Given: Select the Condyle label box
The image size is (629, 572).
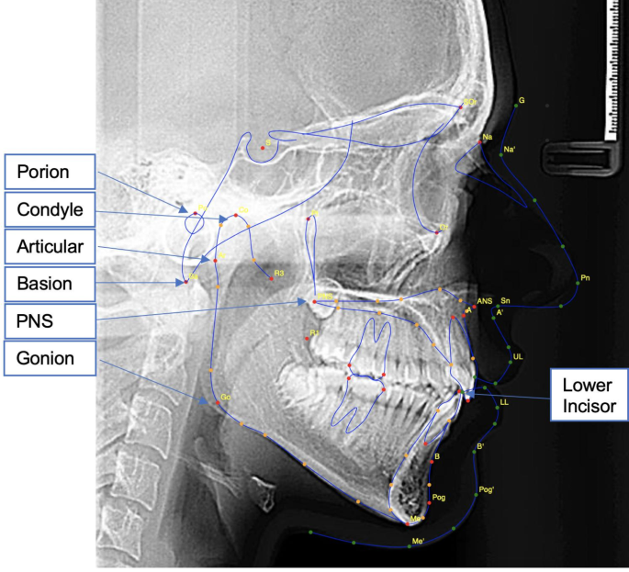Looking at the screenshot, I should [55, 209].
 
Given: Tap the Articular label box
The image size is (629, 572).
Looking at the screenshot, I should [55, 247].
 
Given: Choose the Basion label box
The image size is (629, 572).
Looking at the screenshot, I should [55, 284].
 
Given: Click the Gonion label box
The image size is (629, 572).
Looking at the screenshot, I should [55, 359].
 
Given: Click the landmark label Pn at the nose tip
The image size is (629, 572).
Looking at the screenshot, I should [586, 276].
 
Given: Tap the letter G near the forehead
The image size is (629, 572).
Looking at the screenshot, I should [522, 99].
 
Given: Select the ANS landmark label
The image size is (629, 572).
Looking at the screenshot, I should [484, 300].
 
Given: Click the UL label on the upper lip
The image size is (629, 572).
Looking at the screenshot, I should [518, 355].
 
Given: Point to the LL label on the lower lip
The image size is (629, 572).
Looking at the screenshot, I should [504, 402].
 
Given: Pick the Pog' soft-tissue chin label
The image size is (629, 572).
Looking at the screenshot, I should [486, 490].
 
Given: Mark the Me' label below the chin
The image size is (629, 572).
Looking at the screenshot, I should [418, 542].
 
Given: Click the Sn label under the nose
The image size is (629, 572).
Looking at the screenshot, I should [506, 300].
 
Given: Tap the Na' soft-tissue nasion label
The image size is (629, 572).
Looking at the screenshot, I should [510, 149].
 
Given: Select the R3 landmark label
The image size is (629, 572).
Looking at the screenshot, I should [279, 274].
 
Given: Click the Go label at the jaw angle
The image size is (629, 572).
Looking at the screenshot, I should [225, 397].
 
